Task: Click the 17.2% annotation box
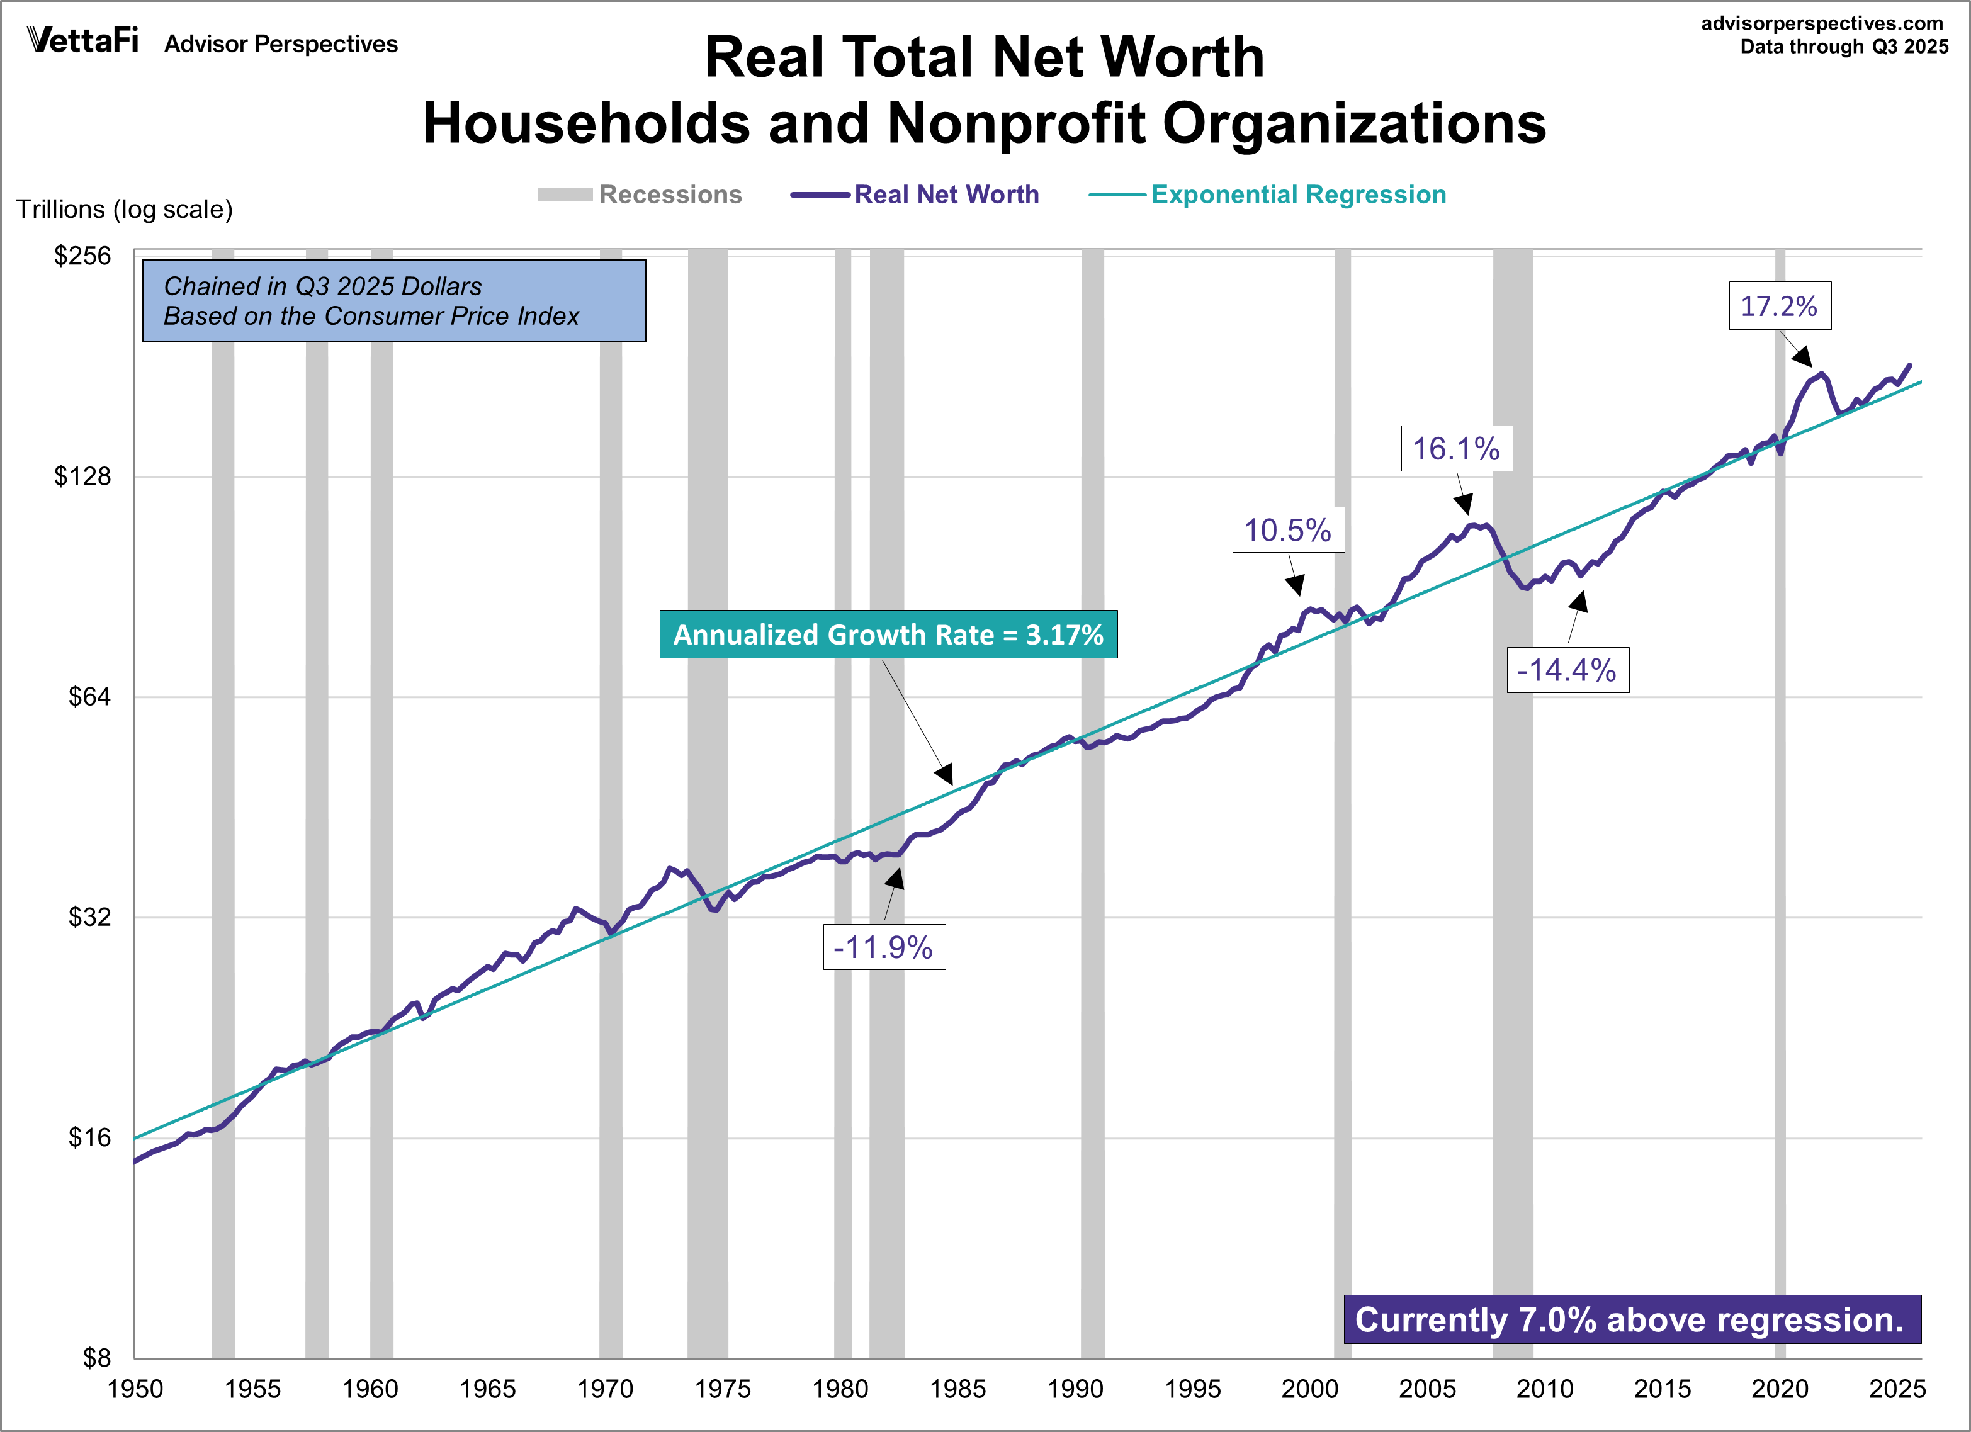point(1779,306)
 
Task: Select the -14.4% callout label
point(1567,670)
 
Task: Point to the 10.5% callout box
point(1287,530)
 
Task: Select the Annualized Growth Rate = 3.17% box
point(888,634)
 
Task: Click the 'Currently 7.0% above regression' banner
point(1631,1319)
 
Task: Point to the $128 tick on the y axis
point(82,476)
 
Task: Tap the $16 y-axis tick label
point(89,1137)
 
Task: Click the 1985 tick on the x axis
point(957,1389)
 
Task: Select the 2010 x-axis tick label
point(1544,1389)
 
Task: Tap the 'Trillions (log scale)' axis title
point(124,210)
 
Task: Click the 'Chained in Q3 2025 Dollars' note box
point(393,301)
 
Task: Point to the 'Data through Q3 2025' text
point(1844,47)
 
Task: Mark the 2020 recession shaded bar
point(1780,782)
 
